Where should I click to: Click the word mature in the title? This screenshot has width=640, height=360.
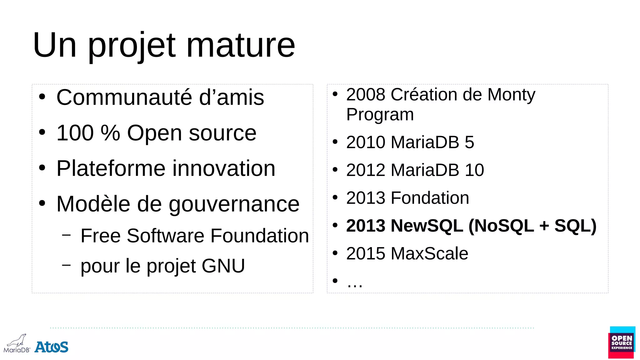(x=240, y=45)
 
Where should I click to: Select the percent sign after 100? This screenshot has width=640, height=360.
(x=110, y=133)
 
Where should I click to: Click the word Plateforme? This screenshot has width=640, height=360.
(x=111, y=169)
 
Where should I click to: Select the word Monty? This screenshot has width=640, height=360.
(x=511, y=94)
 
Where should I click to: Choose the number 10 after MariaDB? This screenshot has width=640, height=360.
(x=474, y=170)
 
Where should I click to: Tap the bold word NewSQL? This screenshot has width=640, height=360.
(x=427, y=226)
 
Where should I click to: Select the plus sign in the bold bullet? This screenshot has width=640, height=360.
(x=544, y=226)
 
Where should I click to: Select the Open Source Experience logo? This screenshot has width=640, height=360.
(x=622, y=342)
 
